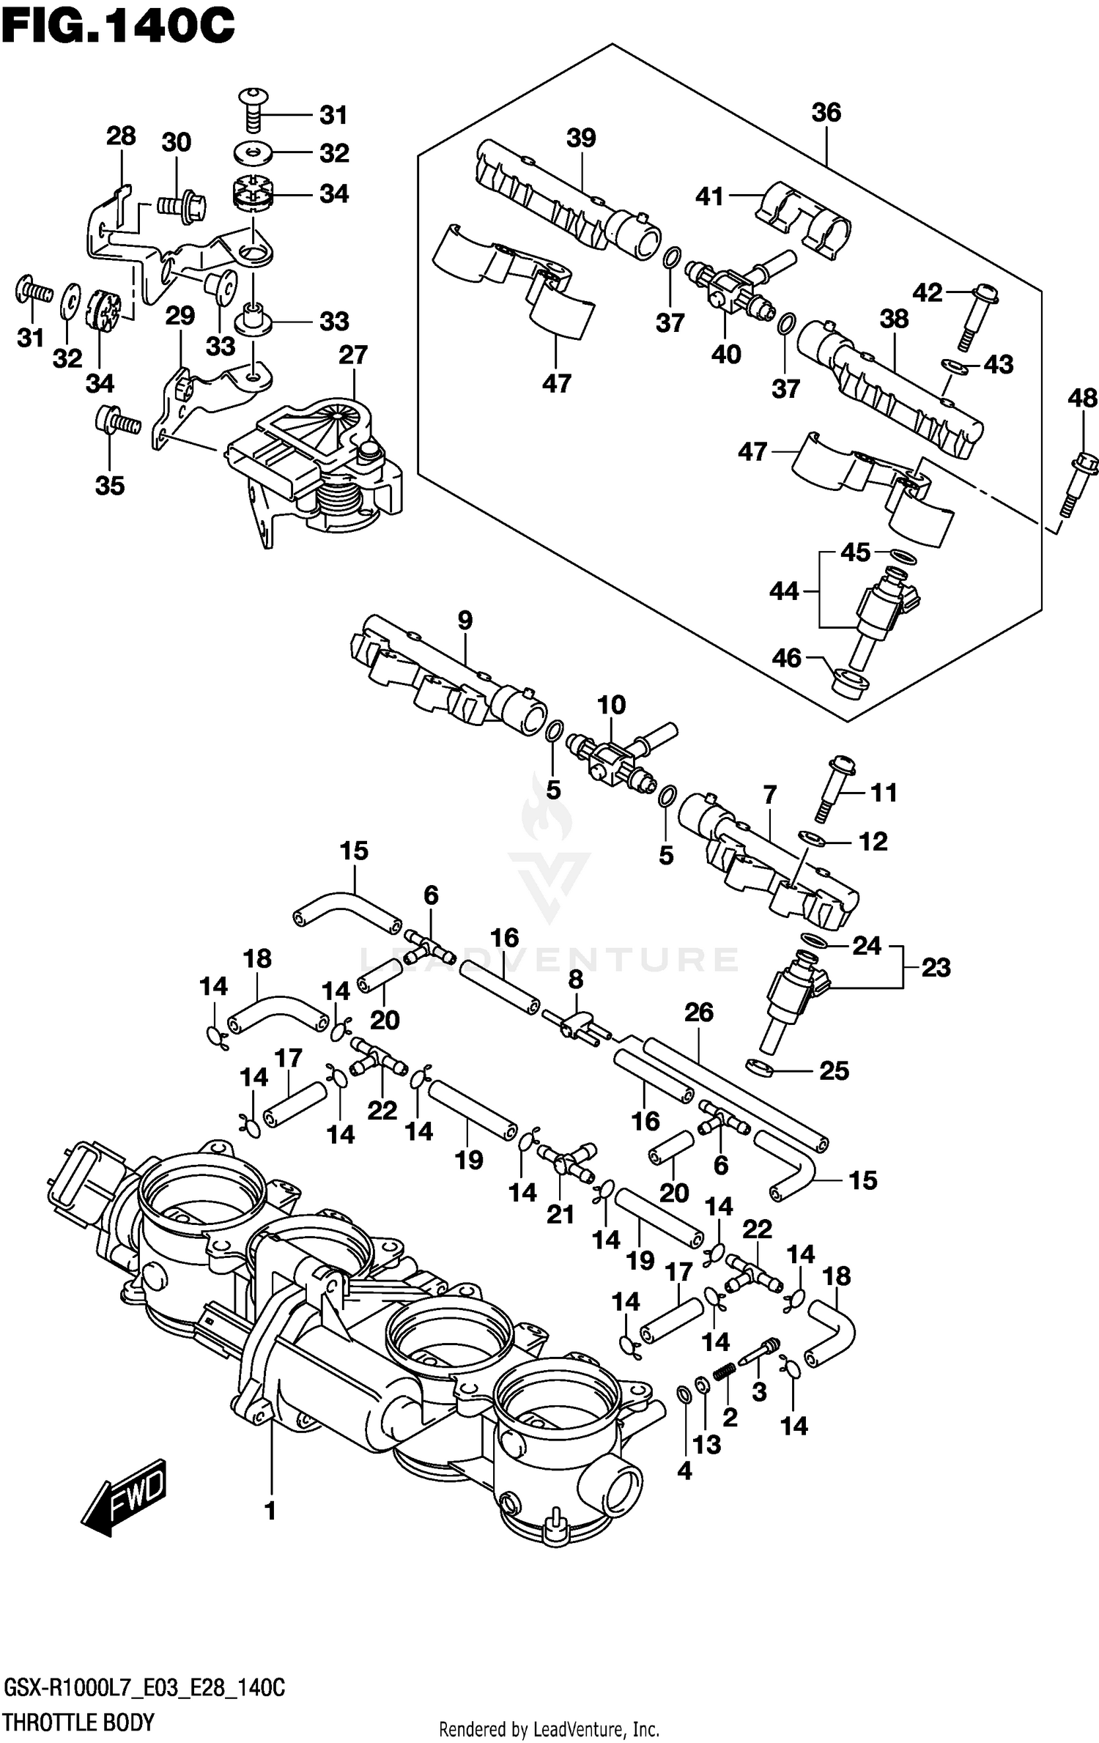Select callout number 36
826,113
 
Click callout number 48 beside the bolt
1082,399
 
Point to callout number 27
352,355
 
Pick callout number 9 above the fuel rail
465,621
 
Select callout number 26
698,1013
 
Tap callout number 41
709,196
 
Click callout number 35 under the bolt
110,486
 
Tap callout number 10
611,706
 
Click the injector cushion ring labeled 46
850,683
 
